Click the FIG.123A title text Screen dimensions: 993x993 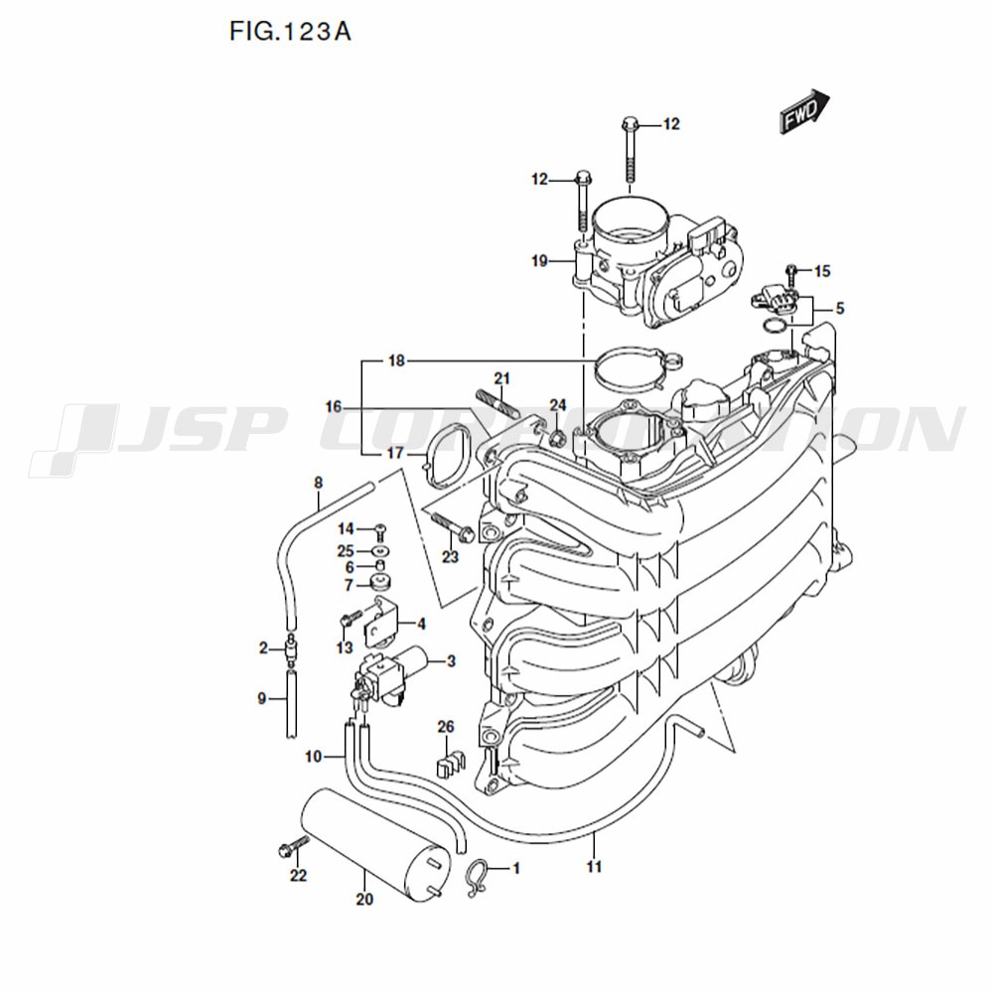290,32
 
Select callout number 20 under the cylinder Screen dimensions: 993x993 363,901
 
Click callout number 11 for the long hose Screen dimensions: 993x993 594,867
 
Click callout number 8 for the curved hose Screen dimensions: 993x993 318,484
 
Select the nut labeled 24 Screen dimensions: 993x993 558,438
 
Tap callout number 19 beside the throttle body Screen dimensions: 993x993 539,262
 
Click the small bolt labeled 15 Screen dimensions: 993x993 792,271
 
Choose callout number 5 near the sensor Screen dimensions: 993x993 839,309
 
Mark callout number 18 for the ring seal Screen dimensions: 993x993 396,361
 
